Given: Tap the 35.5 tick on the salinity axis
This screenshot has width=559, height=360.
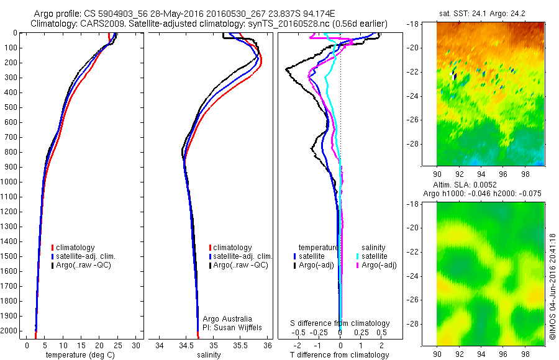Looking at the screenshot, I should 240,345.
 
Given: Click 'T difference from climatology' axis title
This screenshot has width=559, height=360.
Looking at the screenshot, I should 340,355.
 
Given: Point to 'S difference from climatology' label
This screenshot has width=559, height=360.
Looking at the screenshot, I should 340,323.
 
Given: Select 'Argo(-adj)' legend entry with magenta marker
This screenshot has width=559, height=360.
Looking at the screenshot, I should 378,265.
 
